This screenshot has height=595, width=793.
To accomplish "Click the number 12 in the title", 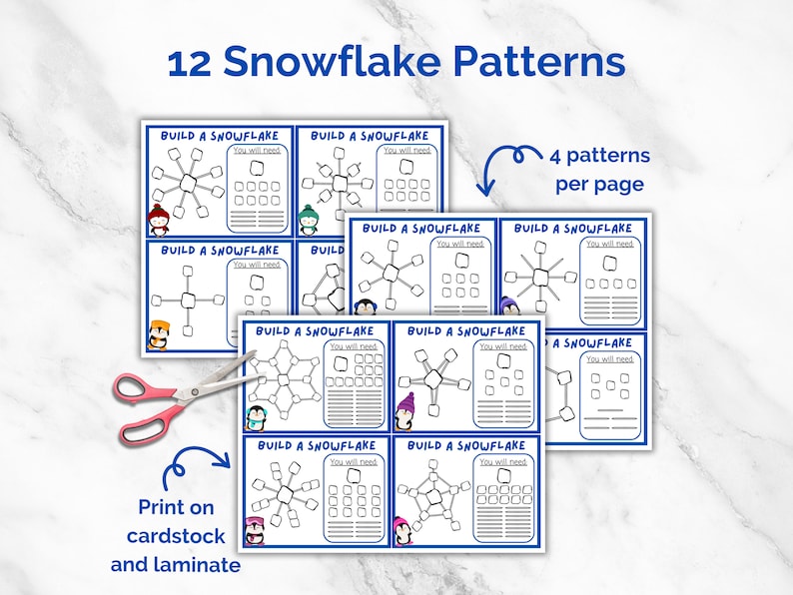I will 189,63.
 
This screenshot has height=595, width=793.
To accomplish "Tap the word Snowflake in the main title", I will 332,63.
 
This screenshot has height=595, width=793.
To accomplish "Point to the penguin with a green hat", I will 310,219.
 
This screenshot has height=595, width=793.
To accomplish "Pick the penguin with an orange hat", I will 159,334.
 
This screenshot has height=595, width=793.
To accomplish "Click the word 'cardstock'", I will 176,536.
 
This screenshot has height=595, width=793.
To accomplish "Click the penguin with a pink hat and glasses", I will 255,529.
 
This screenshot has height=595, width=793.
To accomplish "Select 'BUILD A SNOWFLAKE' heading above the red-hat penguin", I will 220,136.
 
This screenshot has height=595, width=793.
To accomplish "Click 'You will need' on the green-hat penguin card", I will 408,151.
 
